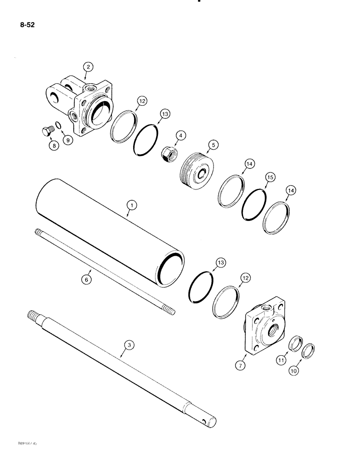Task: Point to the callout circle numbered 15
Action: pyautogui.click(x=270, y=177)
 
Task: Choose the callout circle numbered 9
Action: pyautogui.click(x=69, y=140)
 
